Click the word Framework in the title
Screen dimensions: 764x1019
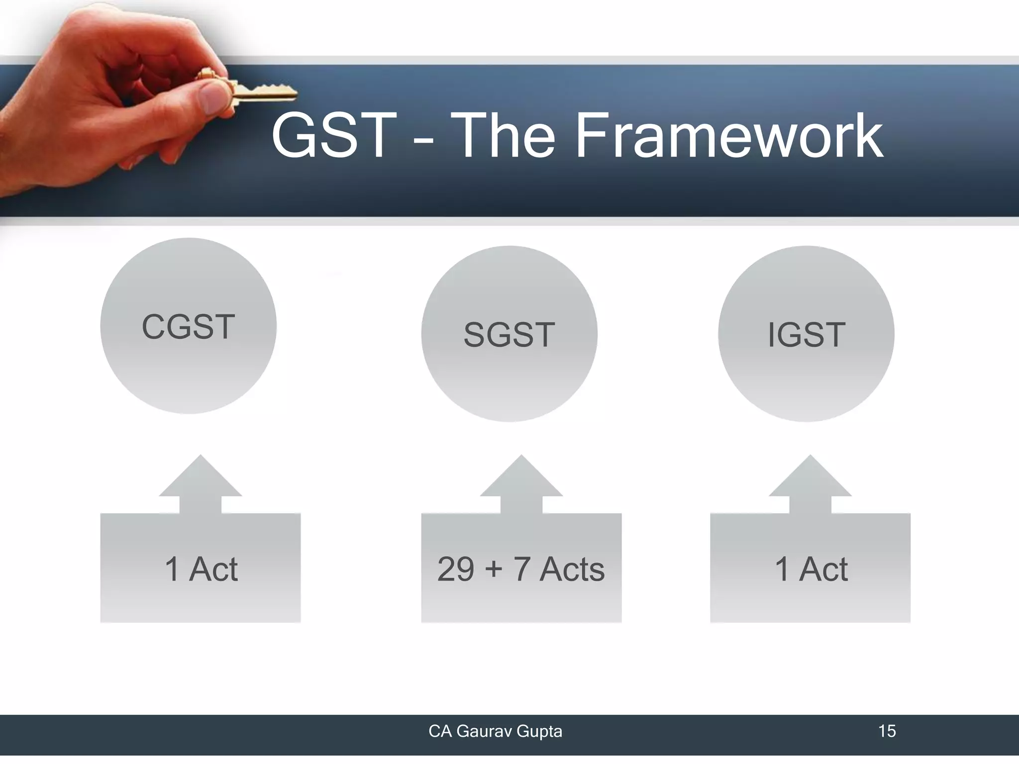click(729, 135)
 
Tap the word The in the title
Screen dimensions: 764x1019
click(506, 135)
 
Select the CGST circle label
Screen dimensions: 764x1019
click(188, 327)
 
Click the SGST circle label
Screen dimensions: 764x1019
click(509, 335)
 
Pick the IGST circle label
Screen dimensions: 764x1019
click(806, 335)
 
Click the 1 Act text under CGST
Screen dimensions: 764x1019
click(201, 569)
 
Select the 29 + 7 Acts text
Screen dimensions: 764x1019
click(521, 569)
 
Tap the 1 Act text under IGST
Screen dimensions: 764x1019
click(811, 569)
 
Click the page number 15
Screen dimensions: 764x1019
click(887, 731)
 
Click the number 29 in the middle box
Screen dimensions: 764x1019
click(455, 569)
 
